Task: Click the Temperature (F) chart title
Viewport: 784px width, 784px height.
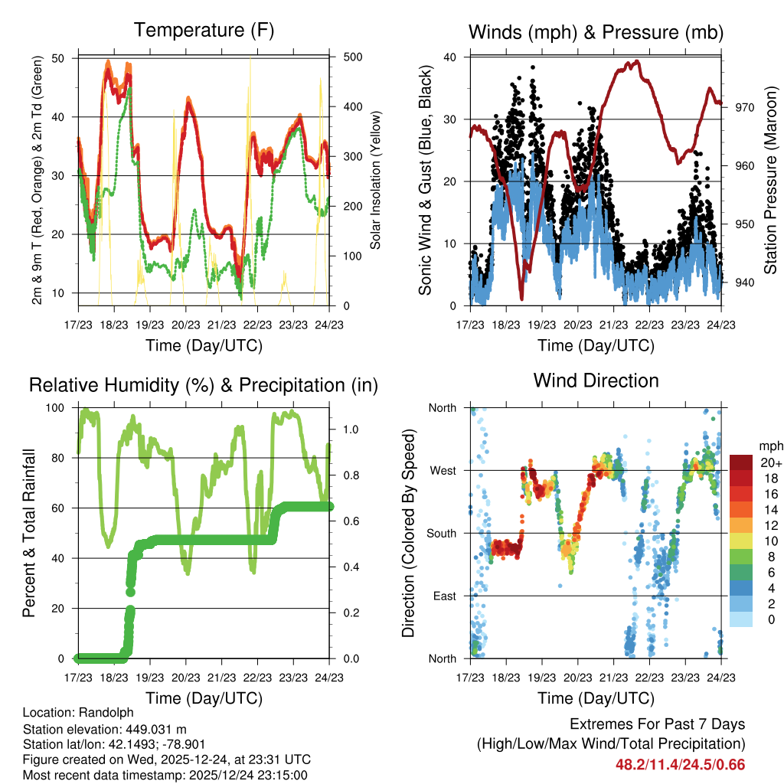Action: (x=204, y=31)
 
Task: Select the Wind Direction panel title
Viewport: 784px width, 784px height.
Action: (x=596, y=381)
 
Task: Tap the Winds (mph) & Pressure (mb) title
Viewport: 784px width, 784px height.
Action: (x=596, y=32)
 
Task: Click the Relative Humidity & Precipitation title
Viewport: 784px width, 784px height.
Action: (x=204, y=385)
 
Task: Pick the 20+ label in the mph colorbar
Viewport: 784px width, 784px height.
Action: (x=769, y=462)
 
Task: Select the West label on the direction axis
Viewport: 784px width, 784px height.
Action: (x=443, y=470)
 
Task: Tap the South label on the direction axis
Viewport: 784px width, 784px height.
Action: (x=442, y=533)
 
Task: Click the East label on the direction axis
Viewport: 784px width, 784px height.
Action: (x=444, y=596)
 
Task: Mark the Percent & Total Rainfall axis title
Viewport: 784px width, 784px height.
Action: (x=31, y=533)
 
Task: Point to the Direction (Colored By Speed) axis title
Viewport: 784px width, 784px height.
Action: (x=408, y=533)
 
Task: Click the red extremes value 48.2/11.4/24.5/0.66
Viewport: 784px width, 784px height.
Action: (x=680, y=764)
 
